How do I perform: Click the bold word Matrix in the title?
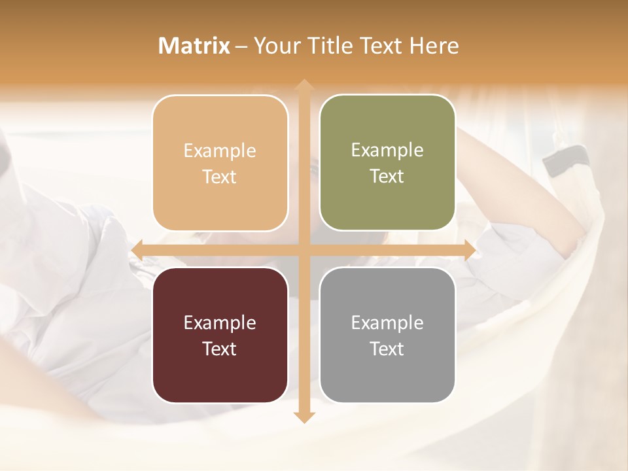[194, 46]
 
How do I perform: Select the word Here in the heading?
[434, 46]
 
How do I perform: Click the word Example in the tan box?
[220, 151]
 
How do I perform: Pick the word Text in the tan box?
[220, 177]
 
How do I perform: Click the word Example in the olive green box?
[387, 150]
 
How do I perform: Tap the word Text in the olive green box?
[387, 177]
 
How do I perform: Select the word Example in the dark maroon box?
[220, 323]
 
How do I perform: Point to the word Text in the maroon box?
[220, 349]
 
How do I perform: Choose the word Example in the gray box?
[387, 323]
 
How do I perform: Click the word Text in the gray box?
[387, 349]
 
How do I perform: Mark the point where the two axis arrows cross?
[304, 250]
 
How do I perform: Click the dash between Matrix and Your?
[242, 46]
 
